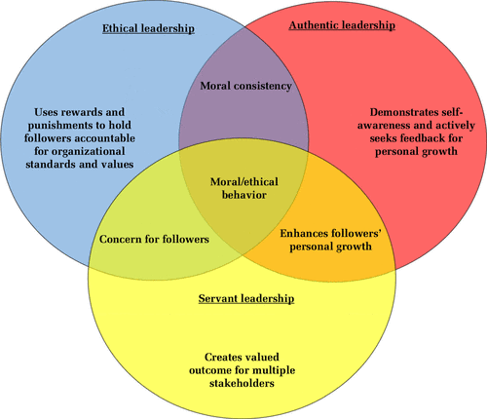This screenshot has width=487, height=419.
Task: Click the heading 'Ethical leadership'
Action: (148, 28)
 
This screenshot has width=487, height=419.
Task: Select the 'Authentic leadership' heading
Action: (342, 25)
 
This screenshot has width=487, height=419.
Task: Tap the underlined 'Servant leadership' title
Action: (246, 298)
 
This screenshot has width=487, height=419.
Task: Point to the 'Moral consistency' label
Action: (245, 86)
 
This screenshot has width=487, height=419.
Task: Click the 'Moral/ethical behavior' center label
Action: (244, 188)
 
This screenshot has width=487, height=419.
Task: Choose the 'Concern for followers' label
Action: (154, 240)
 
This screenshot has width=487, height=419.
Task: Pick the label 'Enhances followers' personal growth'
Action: (330, 240)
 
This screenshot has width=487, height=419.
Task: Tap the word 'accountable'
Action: (105, 138)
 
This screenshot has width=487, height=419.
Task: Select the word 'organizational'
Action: (89, 152)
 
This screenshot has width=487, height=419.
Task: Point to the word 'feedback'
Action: (424, 138)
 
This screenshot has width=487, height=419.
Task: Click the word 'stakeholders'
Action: (242, 383)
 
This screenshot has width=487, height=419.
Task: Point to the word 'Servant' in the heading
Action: (217, 298)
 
